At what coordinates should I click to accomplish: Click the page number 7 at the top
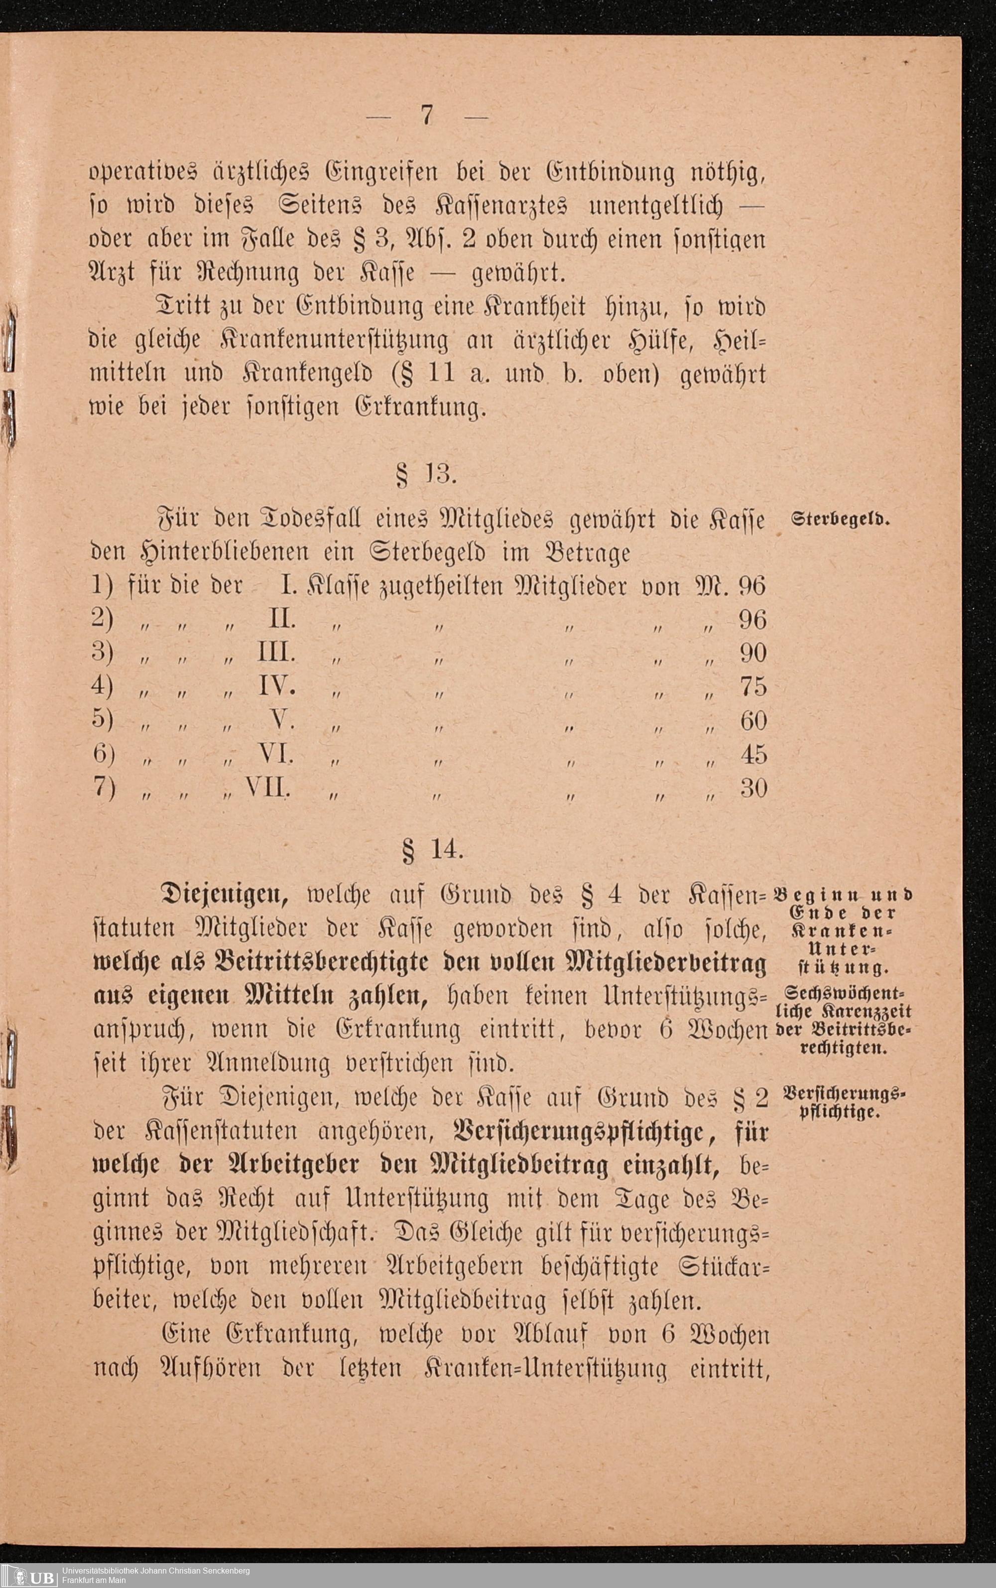click(427, 116)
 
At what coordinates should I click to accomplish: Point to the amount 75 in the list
click(753, 686)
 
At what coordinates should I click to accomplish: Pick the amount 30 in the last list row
click(753, 788)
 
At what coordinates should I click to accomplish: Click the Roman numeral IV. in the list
click(276, 686)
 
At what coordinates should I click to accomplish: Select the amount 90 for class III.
click(753, 653)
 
